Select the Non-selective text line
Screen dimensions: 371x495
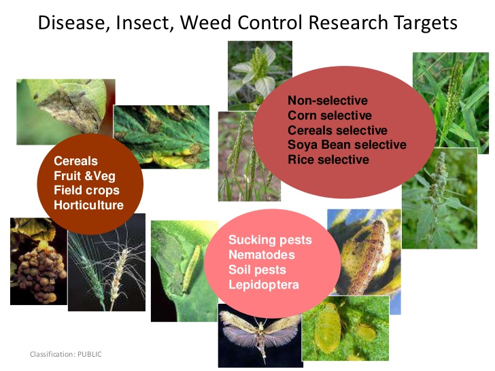click(327, 101)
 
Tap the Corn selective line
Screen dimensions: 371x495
click(329, 116)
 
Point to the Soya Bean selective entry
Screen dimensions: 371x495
click(347, 145)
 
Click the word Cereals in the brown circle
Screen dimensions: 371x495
click(75, 161)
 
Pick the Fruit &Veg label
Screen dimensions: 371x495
click(84, 176)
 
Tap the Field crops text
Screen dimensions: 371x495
click(86, 190)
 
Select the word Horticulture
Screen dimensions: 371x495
click(88, 205)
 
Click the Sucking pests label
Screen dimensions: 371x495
click(270, 240)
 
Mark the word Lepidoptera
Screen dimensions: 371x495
click(263, 285)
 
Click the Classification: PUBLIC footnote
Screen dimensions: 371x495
click(65, 354)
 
